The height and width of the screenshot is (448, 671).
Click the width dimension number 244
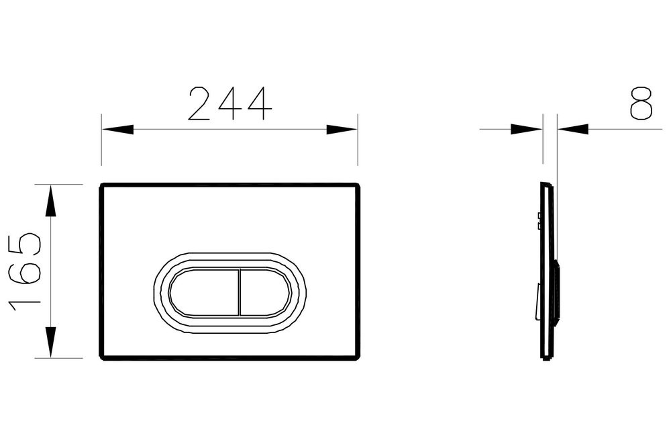coord(229,104)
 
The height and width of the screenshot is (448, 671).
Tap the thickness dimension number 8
coord(641,103)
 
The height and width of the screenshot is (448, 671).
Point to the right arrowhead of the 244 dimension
coord(342,129)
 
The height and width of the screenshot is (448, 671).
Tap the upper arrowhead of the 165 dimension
coord(50,201)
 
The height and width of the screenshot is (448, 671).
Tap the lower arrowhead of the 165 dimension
coord(50,342)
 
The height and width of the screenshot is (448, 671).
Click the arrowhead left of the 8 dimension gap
coord(527,129)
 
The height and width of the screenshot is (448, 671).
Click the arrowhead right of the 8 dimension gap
coord(572,129)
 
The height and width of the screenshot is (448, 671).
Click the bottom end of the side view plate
coord(548,358)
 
